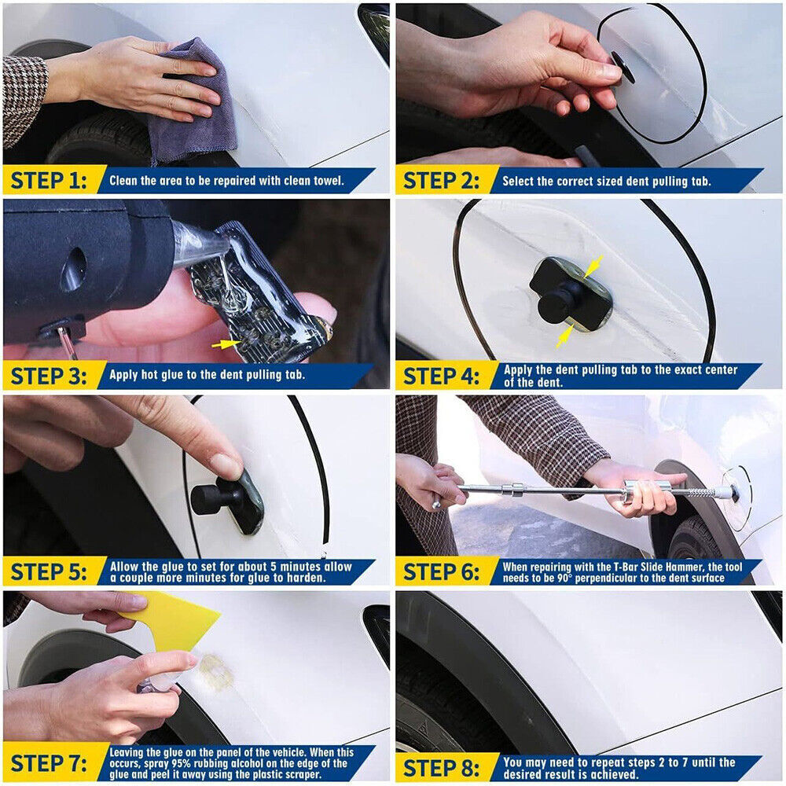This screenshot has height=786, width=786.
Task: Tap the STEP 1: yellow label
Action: coord(49,181)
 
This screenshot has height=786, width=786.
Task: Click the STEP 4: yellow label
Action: coord(442,376)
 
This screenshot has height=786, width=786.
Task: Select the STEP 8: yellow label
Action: coord(442,766)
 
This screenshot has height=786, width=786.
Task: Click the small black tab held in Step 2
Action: coord(623,67)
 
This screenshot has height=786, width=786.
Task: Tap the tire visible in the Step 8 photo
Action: coord(424,707)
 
